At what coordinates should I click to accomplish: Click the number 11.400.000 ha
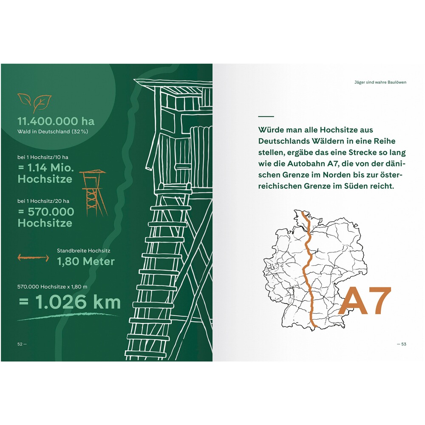[x=56, y=121]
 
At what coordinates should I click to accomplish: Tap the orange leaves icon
[x=34, y=102]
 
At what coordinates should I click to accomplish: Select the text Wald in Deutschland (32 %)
[x=53, y=132]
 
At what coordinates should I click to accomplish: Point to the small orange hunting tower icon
[x=93, y=193]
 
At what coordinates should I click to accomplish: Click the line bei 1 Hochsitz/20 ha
[x=43, y=201]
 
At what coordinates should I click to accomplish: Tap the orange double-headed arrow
[x=33, y=258]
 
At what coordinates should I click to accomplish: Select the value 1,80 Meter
[x=86, y=261]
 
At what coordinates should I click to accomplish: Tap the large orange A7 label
[x=365, y=301]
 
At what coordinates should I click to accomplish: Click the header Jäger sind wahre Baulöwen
[x=380, y=82]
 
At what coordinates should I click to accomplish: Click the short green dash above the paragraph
[x=266, y=116]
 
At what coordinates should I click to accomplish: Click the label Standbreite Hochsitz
[x=83, y=251]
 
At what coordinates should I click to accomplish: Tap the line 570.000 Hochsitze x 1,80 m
[x=52, y=287]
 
